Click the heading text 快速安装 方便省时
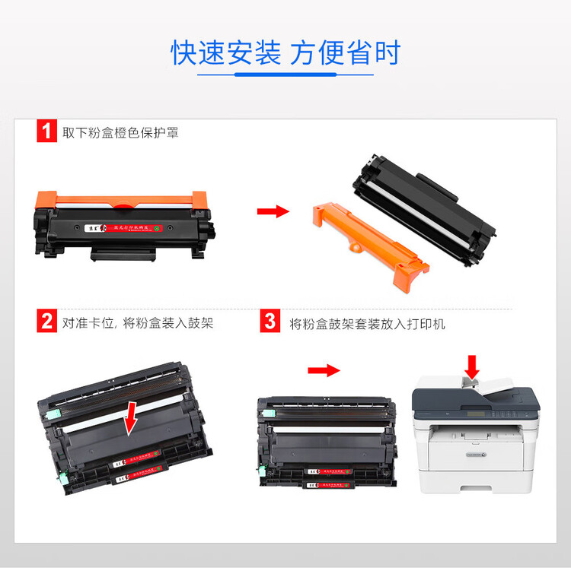tap(285, 53)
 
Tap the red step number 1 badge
tap(47, 131)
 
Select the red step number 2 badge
tap(47, 322)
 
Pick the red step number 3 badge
tap(270, 322)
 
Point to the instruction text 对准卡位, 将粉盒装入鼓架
tap(138, 323)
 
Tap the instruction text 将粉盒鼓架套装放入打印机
tap(368, 324)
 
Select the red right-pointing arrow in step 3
tap(323, 370)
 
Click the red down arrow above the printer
tap(472, 366)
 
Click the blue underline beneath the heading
tap(285, 75)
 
